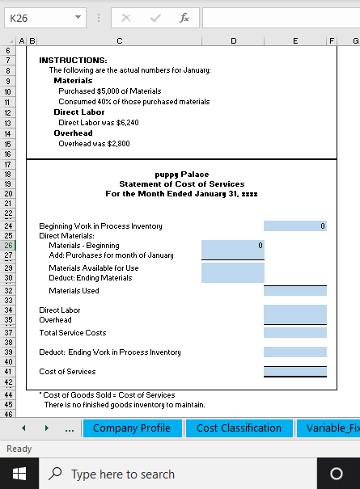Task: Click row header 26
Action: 8,245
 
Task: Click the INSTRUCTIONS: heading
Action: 73,60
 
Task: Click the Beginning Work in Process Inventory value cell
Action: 295,226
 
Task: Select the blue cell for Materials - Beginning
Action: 233,245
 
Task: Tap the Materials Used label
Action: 74,290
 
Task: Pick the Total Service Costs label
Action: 73,332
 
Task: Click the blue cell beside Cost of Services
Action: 295,372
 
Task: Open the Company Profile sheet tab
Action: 132,428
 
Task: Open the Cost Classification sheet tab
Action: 239,428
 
